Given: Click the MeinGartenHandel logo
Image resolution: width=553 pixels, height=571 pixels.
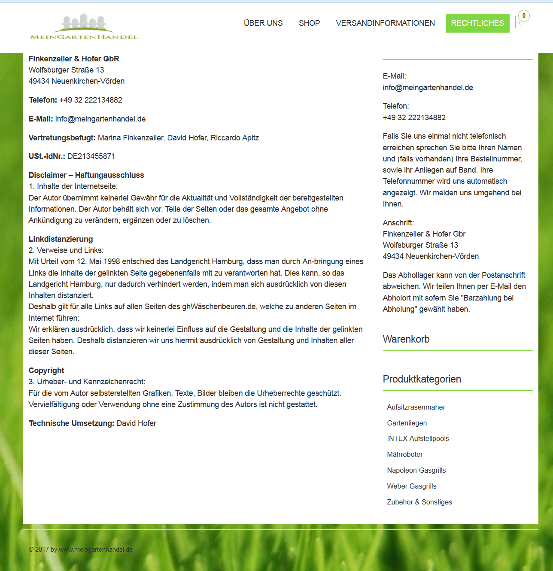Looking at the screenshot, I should [x=84, y=27].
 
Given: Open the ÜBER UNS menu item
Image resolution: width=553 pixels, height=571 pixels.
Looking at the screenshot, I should [x=263, y=23].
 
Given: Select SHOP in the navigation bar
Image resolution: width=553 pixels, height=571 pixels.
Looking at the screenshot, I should [x=309, y=23].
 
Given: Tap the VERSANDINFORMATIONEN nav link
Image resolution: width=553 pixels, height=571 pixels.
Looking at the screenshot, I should [x=385, y=23].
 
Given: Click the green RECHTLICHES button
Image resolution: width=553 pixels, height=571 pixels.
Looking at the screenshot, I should [x=477, y=23].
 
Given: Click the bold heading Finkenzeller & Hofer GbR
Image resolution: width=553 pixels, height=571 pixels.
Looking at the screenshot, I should [x=74, y=59].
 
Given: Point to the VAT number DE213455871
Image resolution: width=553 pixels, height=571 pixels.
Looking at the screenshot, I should [x=91, y=156].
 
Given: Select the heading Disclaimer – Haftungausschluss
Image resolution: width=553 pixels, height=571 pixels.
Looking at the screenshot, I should [x=86, y=175].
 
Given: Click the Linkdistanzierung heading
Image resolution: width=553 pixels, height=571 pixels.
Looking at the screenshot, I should [x=61, y=239].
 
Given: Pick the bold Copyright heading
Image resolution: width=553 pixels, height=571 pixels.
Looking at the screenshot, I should [x=46, y=371].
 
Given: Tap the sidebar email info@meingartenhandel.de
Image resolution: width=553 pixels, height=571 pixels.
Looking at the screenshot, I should [x=428, y=88].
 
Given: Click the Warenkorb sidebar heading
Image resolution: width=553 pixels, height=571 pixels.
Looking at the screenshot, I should [x=406, y=339].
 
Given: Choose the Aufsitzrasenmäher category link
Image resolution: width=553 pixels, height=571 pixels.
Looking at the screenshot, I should [x=416, y=407].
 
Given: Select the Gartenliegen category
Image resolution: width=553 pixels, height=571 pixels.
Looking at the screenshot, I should [x=407, y=423].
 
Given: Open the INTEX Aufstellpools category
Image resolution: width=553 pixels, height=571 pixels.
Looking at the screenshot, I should [x=418, y=438].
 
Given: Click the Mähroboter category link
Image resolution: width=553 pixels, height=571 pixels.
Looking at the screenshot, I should [x=404, y=454].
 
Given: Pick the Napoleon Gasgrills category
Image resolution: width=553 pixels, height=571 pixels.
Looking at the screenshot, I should [x=416, y=470].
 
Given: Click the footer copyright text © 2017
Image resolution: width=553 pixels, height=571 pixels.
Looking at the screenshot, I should [x=81, y=550].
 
